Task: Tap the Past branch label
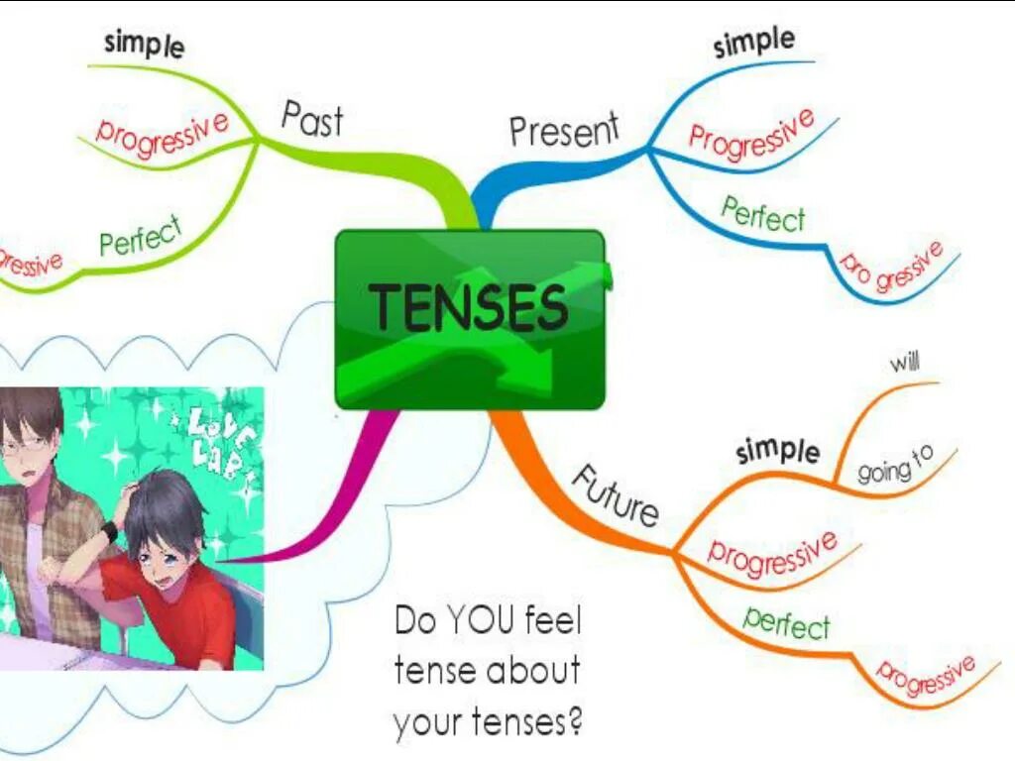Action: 312,118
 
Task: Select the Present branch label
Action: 564,130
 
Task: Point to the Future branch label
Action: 616,494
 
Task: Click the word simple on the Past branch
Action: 144,45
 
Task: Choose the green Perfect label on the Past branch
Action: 141,236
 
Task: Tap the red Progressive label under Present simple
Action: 751,134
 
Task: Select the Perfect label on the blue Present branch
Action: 763,214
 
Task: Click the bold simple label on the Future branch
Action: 778,450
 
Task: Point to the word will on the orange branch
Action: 904,363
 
